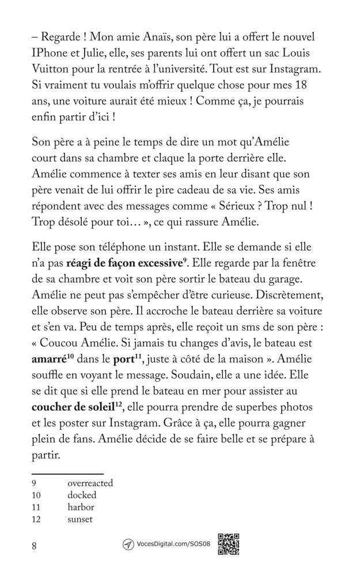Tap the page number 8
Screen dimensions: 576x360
(x=35, y=547)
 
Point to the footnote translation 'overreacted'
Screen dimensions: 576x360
(x=90, y=484)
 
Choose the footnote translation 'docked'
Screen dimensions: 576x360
(x=82, y=495)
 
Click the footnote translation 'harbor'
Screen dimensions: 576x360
(x=81, y=507)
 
